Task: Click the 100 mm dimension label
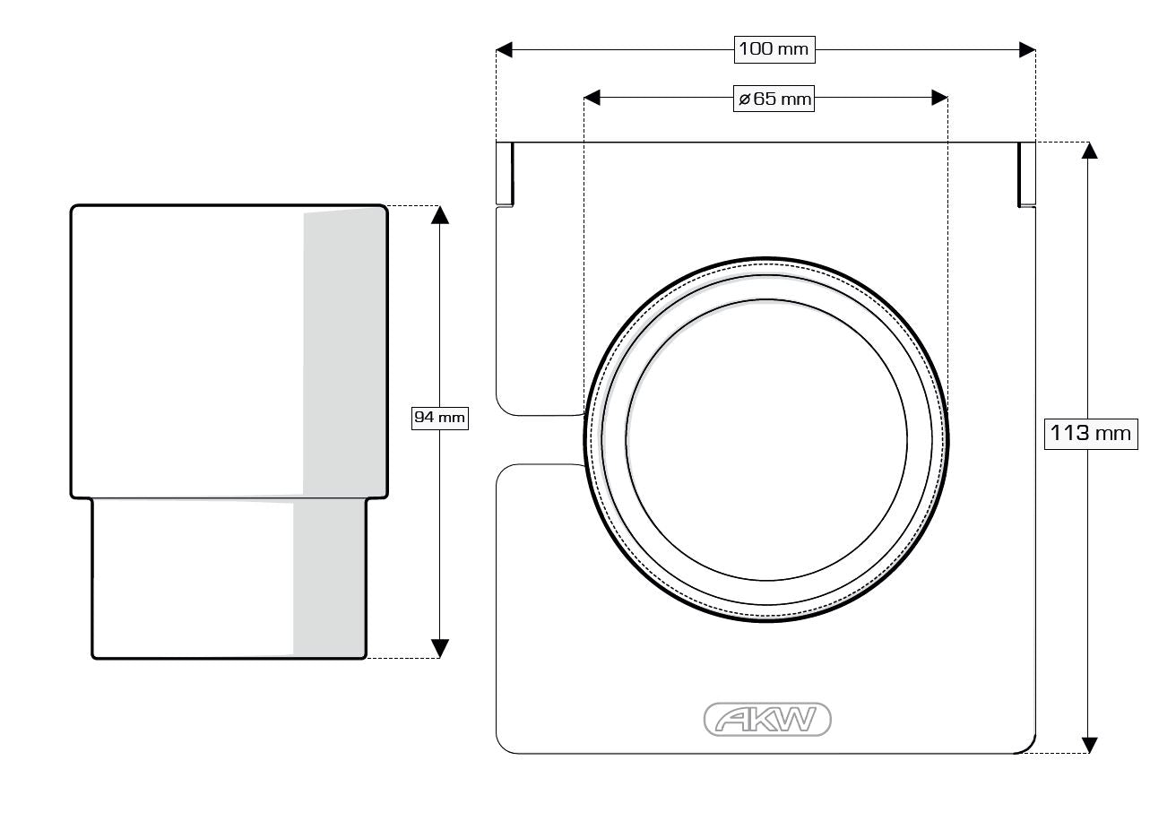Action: tap(774, 49)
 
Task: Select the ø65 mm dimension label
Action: tap(774, 99)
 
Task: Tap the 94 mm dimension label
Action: tap(439, 418)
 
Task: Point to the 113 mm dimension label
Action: tap(1091, 434)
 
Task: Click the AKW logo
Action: tap(767, 719)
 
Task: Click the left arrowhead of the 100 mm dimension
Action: tap(504, 50)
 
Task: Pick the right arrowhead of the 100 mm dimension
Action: tap(1027, 50)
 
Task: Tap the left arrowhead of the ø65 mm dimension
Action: tap(592, 98)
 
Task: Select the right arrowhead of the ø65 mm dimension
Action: tap(939, 98)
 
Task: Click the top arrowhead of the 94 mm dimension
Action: tap(440, 215)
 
